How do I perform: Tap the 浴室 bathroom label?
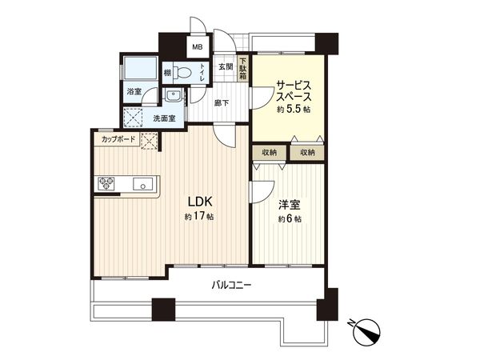133,92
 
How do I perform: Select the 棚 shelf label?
166,73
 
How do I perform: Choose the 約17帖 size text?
198,217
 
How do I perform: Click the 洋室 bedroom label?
289,204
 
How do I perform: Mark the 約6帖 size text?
289,219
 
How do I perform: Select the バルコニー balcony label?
231,284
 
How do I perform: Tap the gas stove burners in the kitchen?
106,183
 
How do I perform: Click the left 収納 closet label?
269,152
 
